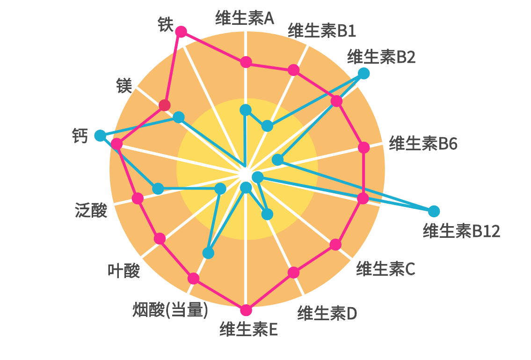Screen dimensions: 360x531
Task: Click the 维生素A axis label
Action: click(244, 18)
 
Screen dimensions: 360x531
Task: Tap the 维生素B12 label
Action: click(461, 231)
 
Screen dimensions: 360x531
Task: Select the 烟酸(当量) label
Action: click(170, 309)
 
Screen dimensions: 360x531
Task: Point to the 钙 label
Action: click(80, 136)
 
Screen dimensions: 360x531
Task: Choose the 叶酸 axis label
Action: click(124, 270)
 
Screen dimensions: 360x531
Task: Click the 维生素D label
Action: click(327, 313)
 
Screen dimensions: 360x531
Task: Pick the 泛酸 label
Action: click(91, 211)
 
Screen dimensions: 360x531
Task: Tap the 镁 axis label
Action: click(124, 86)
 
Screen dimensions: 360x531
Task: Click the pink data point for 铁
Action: click(181, 31)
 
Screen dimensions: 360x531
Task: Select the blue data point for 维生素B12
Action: click(434, 211)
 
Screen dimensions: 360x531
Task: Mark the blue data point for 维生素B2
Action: click(364, 73)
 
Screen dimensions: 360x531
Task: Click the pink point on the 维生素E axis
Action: click(246, 310)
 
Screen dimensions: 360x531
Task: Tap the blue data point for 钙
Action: click(100, 136)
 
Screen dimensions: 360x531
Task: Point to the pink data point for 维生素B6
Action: click(364, 147)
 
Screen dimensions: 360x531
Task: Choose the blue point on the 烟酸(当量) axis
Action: click(209, 253)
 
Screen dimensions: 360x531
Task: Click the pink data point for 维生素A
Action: click(246, 62)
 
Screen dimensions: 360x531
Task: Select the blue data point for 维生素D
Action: click(267, 214)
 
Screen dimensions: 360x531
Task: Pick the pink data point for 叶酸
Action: click(160, 238)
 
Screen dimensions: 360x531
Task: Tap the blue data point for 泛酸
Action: click(159, 189)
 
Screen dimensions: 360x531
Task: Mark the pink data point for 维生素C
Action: click(335, 244)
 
